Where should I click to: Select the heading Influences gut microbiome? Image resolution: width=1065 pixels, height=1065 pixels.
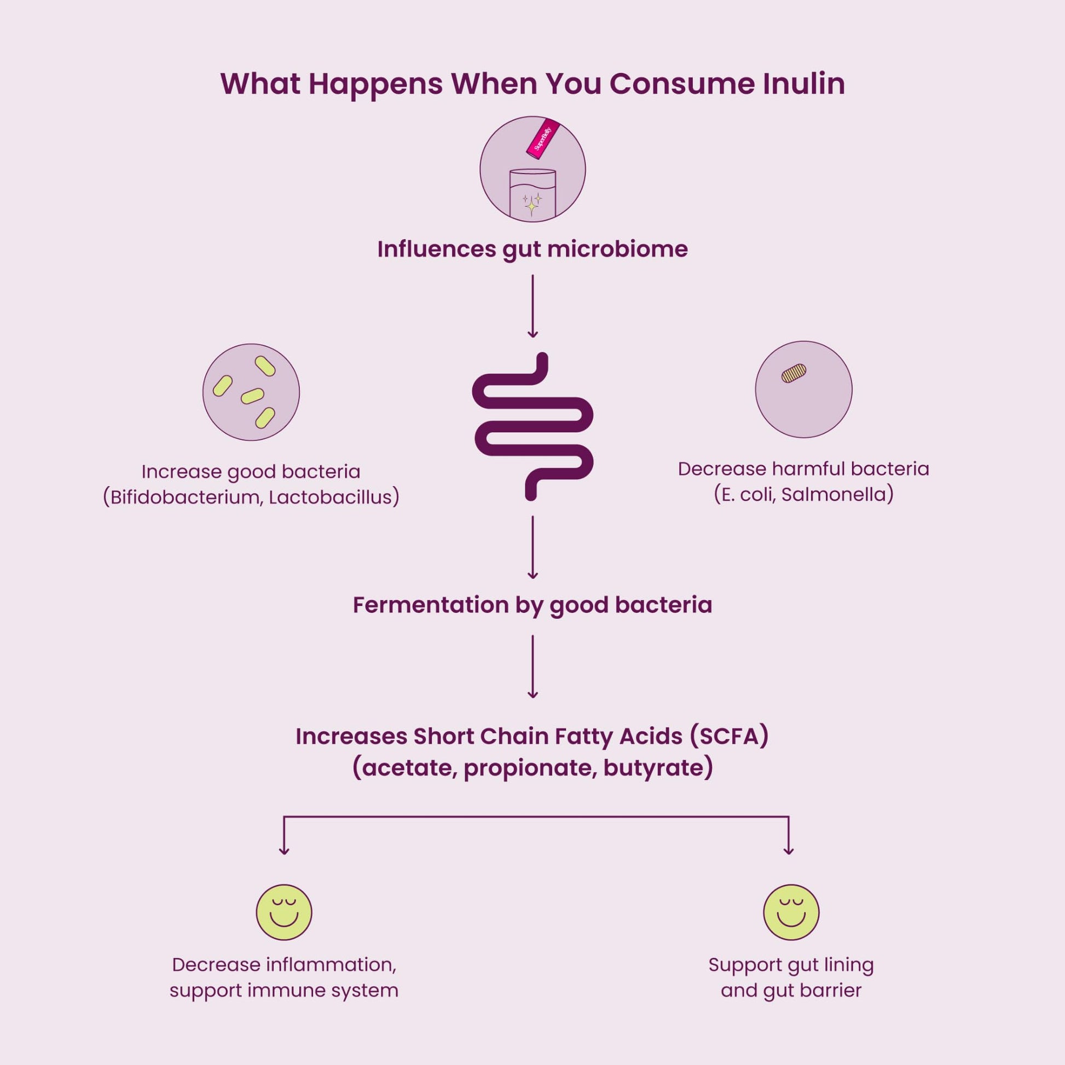pyautogui.click(x=532, y=249)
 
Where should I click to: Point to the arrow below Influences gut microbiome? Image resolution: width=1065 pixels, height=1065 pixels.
pyautogui.click(x=532, y=306)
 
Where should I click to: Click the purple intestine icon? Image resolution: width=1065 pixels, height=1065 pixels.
pyautogui.click(x=532, y=426)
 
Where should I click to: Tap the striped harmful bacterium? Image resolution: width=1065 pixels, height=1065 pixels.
pyautogui.click(x=794, y=373)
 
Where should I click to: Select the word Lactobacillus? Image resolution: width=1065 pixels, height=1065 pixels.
pyautogui.click(x=331, y=497)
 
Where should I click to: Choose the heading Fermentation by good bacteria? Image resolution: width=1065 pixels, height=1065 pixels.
pyautogui.click(x=532, y=605)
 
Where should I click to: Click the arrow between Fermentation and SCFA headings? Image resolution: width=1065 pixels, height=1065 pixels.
pyautogui.click(x=532, y=667)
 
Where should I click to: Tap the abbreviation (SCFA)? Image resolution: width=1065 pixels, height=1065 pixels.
pyautogui.click(x=729, y=737)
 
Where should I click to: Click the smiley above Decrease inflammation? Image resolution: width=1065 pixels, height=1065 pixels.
pyautogui.click(x=284, y=912)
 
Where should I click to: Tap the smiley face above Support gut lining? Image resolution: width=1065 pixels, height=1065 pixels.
pyautogui.click(x=791, y=912)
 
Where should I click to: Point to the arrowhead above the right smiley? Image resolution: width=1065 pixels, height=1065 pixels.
pyautogui.click(x=789, y=850)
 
